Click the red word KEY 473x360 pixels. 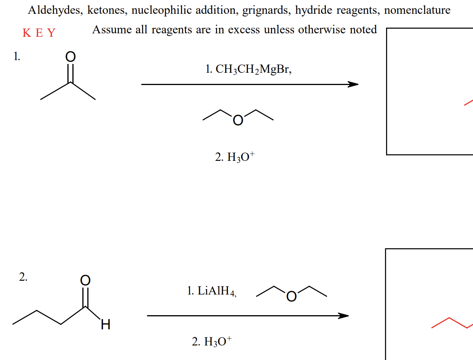pyautogui.click(x=39, y=33)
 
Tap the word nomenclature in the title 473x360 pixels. pyautogui.click(x=417, y=10)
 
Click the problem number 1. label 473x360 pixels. pyautogui.click(x=16, y=57)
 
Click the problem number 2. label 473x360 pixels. pyautogui.click(x=23, y=278)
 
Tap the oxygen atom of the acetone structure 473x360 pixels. pyautogui.click(x=70, y=57)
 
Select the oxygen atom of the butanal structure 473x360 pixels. pyautogui.click(x=85, y=280)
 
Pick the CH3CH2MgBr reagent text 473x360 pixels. pyautogui.click(x=248, y=69)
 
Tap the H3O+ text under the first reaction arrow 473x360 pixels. pyautogui.click(x=235, y=157)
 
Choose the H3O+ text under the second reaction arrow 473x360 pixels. pyautogui.click(x=212, y=340)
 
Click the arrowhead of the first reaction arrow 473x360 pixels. pyautogui.click(x=353, y=85)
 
